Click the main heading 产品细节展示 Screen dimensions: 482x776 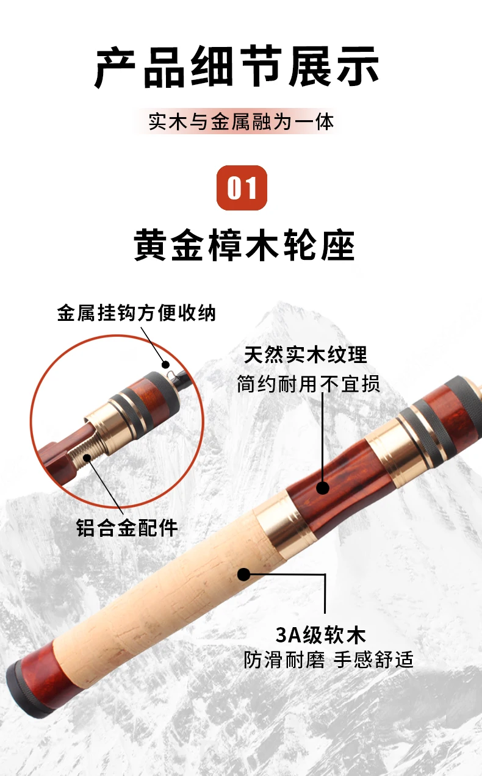tap(237, 66)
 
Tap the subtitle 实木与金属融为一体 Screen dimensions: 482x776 tap(241, 121)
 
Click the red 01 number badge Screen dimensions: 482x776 tap(242, 188)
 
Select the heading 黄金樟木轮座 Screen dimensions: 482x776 tap(244, 245)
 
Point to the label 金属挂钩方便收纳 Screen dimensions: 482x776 tap(136, 313)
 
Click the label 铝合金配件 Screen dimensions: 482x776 tap(127, 528)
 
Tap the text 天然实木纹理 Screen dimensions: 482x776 tap(305, 354)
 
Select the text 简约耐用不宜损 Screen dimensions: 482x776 tap(308, 384)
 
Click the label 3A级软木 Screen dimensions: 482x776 tap(320, 635)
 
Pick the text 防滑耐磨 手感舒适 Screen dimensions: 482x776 tap(328, 659)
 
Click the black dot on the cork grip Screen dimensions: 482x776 tap(244, 575)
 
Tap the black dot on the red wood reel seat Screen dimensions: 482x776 tap(323, 488)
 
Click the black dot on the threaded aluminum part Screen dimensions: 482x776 tap(87, 458)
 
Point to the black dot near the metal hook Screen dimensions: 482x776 tap(165, 364)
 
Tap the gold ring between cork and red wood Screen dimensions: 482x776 tap(284, 520)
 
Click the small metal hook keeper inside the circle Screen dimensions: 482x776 tap(171, 373)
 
